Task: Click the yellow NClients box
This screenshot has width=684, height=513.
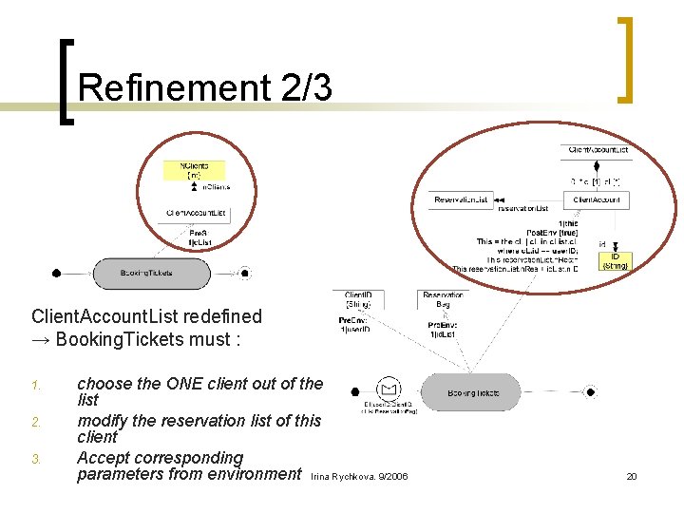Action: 196,170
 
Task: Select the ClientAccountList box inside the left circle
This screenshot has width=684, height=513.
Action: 196,213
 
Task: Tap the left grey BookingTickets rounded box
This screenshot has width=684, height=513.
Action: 151,274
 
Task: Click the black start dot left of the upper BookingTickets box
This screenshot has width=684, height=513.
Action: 57,274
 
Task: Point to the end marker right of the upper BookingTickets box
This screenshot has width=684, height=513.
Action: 245,274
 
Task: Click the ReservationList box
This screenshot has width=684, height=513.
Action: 461,199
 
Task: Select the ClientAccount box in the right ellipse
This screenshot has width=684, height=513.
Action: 596,199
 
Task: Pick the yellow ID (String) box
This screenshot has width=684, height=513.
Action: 615,260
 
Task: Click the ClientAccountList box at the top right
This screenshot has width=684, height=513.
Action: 598,150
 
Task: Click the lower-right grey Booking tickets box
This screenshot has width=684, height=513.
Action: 473,391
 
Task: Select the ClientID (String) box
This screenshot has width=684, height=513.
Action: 358,300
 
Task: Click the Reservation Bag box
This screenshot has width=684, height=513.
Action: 443,300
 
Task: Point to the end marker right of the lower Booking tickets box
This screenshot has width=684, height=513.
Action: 591,391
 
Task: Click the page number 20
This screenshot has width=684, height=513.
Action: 632,476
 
